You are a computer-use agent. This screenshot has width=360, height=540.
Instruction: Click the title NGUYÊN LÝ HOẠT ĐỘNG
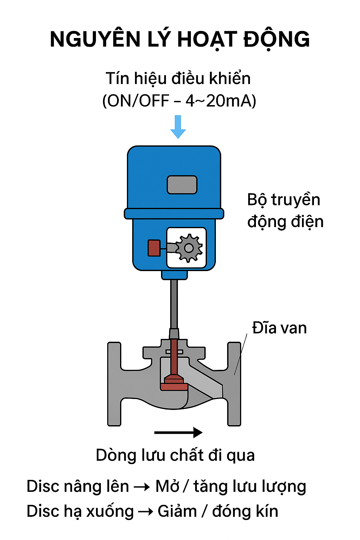point(180,39)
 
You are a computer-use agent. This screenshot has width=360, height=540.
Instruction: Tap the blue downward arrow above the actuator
point(178,127)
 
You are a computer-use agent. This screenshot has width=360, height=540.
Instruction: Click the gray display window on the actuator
point(182,185)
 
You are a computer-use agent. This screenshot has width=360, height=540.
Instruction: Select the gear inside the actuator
point(189,248)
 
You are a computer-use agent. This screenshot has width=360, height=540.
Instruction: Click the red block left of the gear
point(154,248)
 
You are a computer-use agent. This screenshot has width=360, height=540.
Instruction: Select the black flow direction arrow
point(178,432)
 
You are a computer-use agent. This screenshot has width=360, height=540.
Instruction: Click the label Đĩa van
point(279,328)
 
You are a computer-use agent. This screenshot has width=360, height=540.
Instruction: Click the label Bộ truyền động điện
point(285,211)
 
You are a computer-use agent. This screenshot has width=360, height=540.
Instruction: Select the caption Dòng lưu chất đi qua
point(175,455)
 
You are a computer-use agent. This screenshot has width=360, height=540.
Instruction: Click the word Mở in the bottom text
point(168,487)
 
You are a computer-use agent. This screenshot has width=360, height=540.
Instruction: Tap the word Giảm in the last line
point(177,511)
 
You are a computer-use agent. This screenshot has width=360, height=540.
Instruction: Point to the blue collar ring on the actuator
point(174,213)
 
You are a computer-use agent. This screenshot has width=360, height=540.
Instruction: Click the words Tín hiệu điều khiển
point(178,78)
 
